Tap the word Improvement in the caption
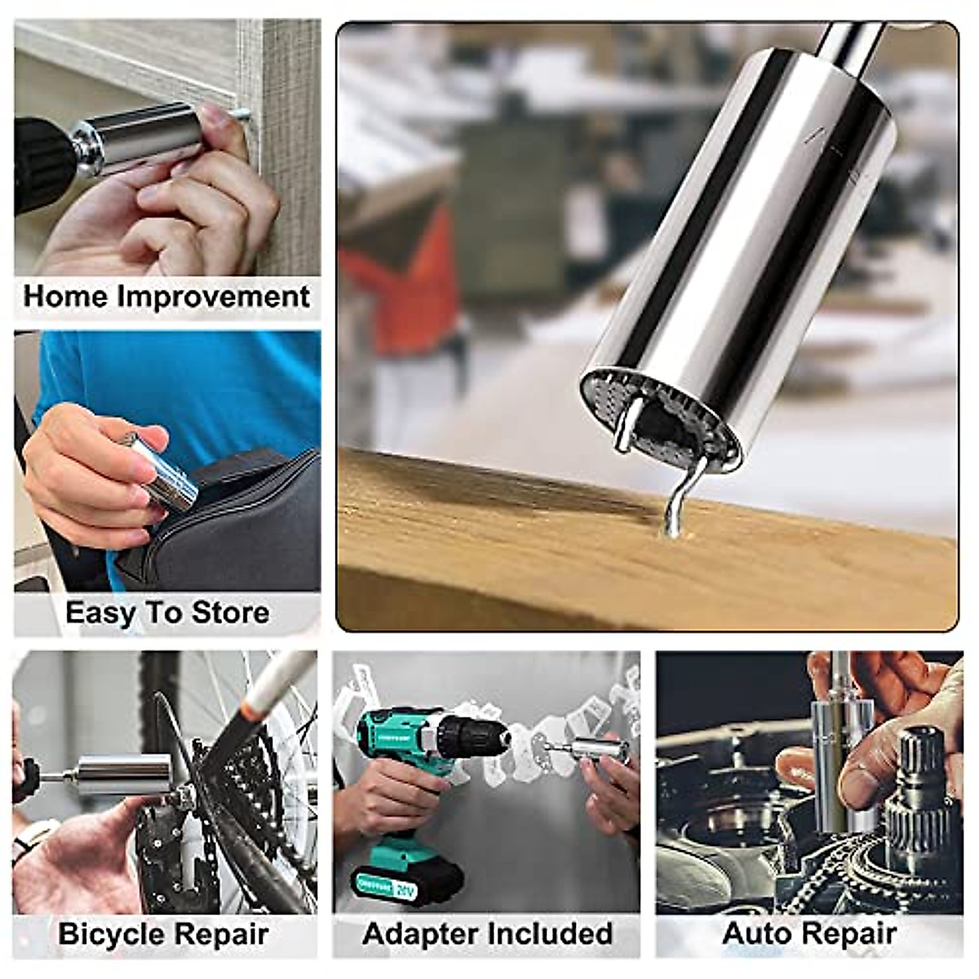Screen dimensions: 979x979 [x=214, y=297]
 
